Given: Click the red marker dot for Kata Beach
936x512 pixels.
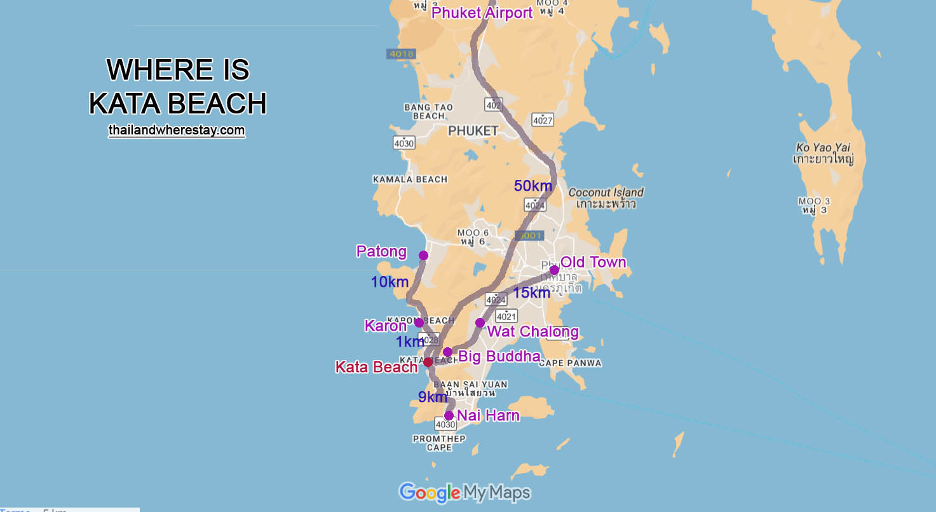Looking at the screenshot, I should [x=428, y=362].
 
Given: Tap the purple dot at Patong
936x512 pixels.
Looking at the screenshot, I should [x=424, y=255].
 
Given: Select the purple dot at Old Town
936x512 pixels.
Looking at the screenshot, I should [x=554, y=270].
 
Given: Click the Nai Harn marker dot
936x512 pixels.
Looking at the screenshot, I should [x=449, y=415].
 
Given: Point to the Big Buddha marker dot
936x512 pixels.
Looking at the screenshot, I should [x=447, y=352].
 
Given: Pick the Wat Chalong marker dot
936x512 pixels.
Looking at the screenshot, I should [x=480, y=322].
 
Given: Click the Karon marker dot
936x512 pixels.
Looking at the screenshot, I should [x=419, y=322].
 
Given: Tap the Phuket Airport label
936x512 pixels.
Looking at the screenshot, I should [x=482, y=13].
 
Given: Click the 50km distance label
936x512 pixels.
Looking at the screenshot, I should [x=532, y=186].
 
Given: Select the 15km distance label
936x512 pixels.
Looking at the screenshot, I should [x=531, y=293].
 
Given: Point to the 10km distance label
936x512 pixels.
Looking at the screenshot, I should [x=390, y=282].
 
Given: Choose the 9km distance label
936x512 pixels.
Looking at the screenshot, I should [x=432, y=397].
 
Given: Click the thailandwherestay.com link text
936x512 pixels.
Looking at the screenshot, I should [x=177, y=130].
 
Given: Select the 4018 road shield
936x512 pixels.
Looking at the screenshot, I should [x=401, y=54].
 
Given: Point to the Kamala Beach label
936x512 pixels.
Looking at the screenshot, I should [x=410, y=179].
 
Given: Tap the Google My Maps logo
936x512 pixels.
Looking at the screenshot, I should [x=464, y=492].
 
